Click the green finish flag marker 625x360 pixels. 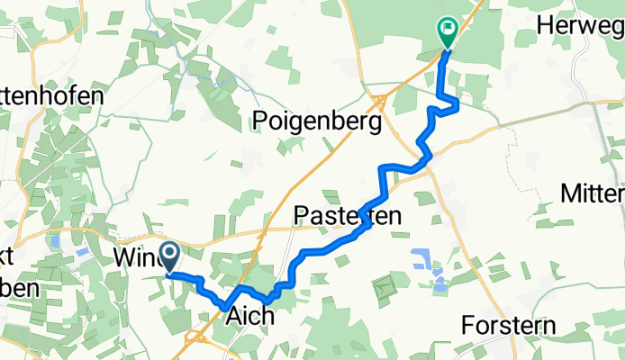pos(447,30)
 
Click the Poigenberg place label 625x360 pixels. pos(318,121)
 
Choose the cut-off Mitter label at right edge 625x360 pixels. pos(592,193)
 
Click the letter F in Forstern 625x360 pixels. pos(468,325)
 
